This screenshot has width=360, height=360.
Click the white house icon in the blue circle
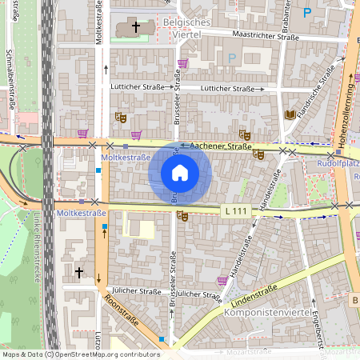(180, 172)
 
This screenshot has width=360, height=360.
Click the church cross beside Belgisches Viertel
(136, 27)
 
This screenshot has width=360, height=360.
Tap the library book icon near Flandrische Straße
(290, 114)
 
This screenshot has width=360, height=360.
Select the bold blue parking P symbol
(307, 12)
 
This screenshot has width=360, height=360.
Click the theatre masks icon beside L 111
(182, 216)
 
